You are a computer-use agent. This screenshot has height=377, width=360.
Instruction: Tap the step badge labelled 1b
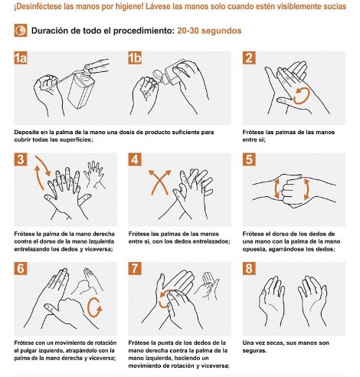136,58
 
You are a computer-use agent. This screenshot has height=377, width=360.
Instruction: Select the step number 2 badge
249,58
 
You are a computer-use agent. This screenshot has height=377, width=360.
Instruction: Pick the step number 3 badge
21,160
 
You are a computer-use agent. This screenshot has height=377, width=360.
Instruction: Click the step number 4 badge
135,160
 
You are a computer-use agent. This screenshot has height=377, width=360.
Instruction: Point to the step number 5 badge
249,160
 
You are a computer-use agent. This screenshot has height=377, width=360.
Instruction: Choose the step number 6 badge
21,268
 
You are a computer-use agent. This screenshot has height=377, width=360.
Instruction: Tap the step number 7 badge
135,268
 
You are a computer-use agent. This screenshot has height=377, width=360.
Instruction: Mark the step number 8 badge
249,268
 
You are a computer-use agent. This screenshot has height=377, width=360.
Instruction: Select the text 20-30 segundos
209,32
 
